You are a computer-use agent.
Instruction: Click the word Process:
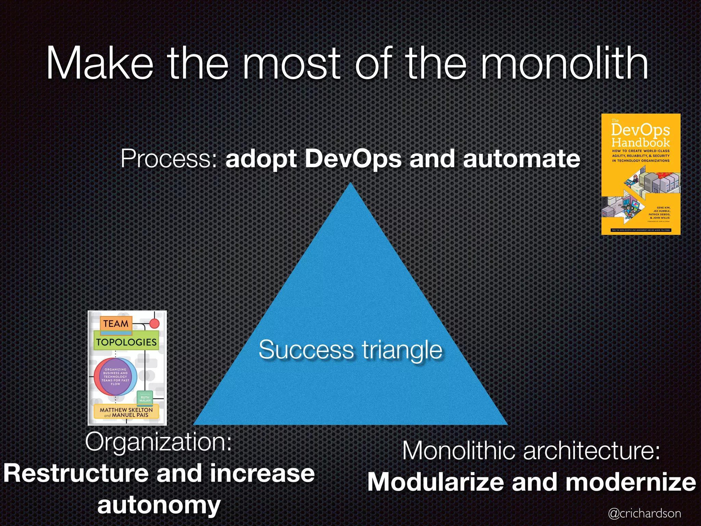click(169, 159)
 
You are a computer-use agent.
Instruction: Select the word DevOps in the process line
click(353, 159)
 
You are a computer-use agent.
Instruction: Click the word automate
click(521, 159)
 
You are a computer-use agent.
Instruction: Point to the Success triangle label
click(350, 350)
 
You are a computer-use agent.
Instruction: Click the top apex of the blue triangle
click(350, 185)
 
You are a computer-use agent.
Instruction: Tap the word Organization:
click(158, 442)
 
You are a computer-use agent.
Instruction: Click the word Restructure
click(76, 473)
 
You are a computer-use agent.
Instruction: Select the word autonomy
click(159, 505)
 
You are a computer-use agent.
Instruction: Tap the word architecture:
click(591, 451)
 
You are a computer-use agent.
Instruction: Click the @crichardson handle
click(645, 513)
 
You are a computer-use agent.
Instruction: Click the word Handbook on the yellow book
click(640, 142)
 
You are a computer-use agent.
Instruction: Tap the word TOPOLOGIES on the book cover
click(126, 342)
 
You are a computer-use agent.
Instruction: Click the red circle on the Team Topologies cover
click(155, 324)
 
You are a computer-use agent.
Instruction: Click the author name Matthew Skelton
click(126, 410)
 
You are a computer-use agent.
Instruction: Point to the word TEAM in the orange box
click(116, 324)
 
